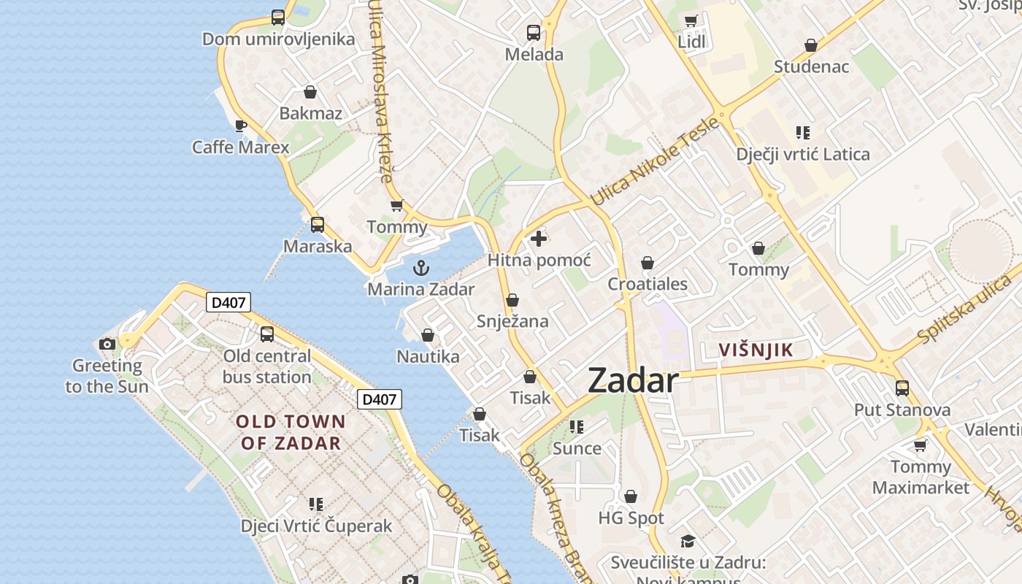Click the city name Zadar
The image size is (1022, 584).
pyautogui.click(x=632, y=381)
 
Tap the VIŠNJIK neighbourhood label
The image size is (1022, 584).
pyautogui.click(x=756, y=350)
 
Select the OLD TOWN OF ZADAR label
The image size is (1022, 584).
pyautogui.click(x=291, y=432)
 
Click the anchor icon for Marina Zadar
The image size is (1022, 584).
pyautogui.click(x=421, y=268)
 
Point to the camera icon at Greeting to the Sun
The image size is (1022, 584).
pyautogui.click(x=107, y=344)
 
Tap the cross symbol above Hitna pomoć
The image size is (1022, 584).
pyautogui.click(x=539, y=239)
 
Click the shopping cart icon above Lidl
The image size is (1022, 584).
pyautogui.click(x=691, y=20)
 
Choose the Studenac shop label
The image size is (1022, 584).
pyautogui.click(x=811, y=67)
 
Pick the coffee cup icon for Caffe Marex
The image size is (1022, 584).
pyautogui.click(x=240, y=126)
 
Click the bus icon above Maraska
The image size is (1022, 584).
pyautogui.click(x=317, y=225)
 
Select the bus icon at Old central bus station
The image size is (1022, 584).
pyautogui.click(x=267, y=334)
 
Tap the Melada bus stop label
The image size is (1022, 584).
pyautogui.click(x=534, y=55)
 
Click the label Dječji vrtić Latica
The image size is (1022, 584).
pyautogui.click(x=803, y=155)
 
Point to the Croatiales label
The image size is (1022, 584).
pyautogui.click(x=648, y=284)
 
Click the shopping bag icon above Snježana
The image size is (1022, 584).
pyautogui.click(x=512, y=300)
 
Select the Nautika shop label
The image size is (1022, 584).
pyautogui.click(x=428, y=356)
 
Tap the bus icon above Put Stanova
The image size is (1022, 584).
pyautogui.click(x=902, y=388)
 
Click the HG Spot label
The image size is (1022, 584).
pyautogui.click(x=631, y=518)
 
